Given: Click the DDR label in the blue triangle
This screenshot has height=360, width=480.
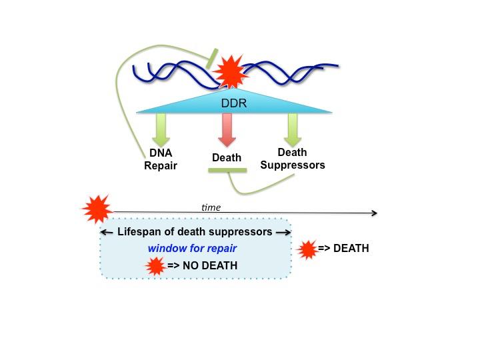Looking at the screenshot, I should tap(233, 103).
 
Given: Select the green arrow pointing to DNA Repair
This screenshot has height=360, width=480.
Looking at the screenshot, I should tap(161, 129).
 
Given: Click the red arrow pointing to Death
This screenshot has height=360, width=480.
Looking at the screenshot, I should tap(227, 129).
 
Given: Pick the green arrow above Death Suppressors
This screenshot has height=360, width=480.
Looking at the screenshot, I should tap(292, 129).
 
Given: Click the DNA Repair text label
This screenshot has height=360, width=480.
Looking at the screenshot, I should tap(161, 159).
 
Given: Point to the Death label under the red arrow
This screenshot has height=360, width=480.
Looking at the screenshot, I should tap(227, 158).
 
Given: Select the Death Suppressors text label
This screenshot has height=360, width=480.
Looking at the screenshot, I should tap(292, 159).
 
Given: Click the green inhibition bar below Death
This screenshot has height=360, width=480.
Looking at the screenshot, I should tap(227, 171).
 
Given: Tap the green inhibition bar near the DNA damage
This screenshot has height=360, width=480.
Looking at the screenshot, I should tap(212, 58).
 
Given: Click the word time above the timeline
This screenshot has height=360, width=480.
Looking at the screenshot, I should tap(211, 207).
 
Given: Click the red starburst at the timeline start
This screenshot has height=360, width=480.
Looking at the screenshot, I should tap(97, 209).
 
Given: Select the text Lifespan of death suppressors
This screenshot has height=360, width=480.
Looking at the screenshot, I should tap(195, 232).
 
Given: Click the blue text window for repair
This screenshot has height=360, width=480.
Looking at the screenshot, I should tap(193, 249).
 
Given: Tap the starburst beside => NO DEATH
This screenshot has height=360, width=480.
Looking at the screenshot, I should tap(155, 266).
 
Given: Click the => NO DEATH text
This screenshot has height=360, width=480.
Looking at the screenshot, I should tap(202, 266).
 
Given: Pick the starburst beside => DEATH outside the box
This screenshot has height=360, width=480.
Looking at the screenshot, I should tap(307, 249).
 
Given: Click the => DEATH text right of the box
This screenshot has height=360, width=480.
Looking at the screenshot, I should tap(343, 249).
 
